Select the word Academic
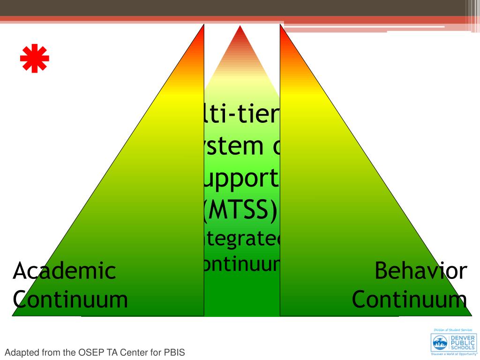tap(64, 271)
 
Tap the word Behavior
tap(421, 271)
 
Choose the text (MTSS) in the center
tap(240, 210)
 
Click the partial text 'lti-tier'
tap(240, 115)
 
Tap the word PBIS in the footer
tap(174, 352)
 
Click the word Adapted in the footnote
tap(20, 352)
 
